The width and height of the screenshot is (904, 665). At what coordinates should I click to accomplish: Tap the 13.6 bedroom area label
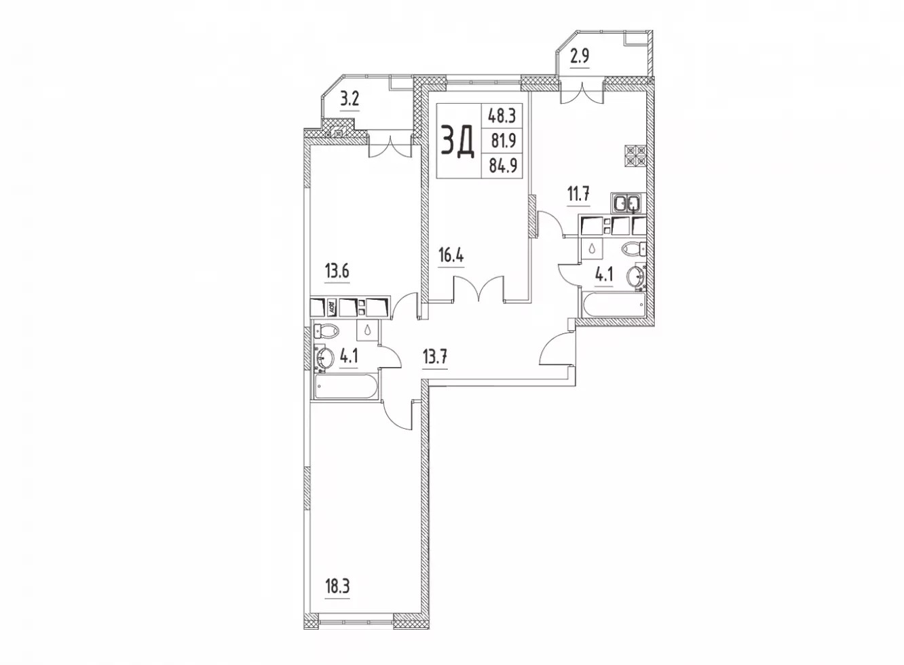[x=337, y=271]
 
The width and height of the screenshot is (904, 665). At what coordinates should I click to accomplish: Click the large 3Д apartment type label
[x=457, y=141]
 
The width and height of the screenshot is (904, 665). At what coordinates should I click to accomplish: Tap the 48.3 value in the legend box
[x=502, y=117]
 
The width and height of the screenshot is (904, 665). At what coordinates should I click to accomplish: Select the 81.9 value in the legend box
[x=504, y=141]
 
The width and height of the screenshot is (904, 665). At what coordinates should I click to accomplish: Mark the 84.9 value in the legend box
[x=503, y=165]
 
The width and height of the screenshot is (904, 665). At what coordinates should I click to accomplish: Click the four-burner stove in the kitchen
[x=635, y=155]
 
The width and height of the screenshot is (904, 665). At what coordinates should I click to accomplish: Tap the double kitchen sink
[x=626, y=203]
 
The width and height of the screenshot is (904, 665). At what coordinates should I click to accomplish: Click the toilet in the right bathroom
[x=634, y=248]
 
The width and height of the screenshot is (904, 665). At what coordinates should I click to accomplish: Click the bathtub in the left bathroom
[x=345, y=386]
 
